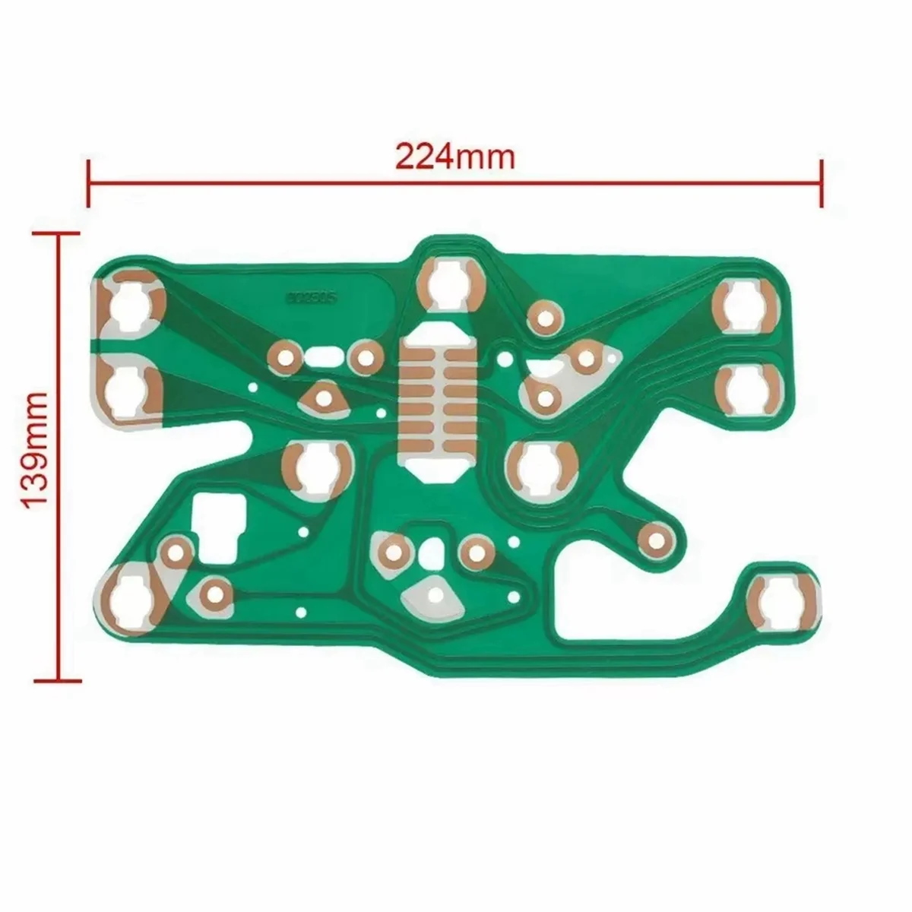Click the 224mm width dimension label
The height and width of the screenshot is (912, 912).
pyautogui.click(x=454, y=157)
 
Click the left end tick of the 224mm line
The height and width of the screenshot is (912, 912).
pyautogui.click(x=89, y=182)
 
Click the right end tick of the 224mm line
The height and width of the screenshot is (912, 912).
pyautogui.click(x=821, y=182)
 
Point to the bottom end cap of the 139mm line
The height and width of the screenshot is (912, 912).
pyautogui.click(x=58, y=679)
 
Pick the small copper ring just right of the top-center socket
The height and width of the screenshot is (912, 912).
pyautogui.click(x=543, y=317)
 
